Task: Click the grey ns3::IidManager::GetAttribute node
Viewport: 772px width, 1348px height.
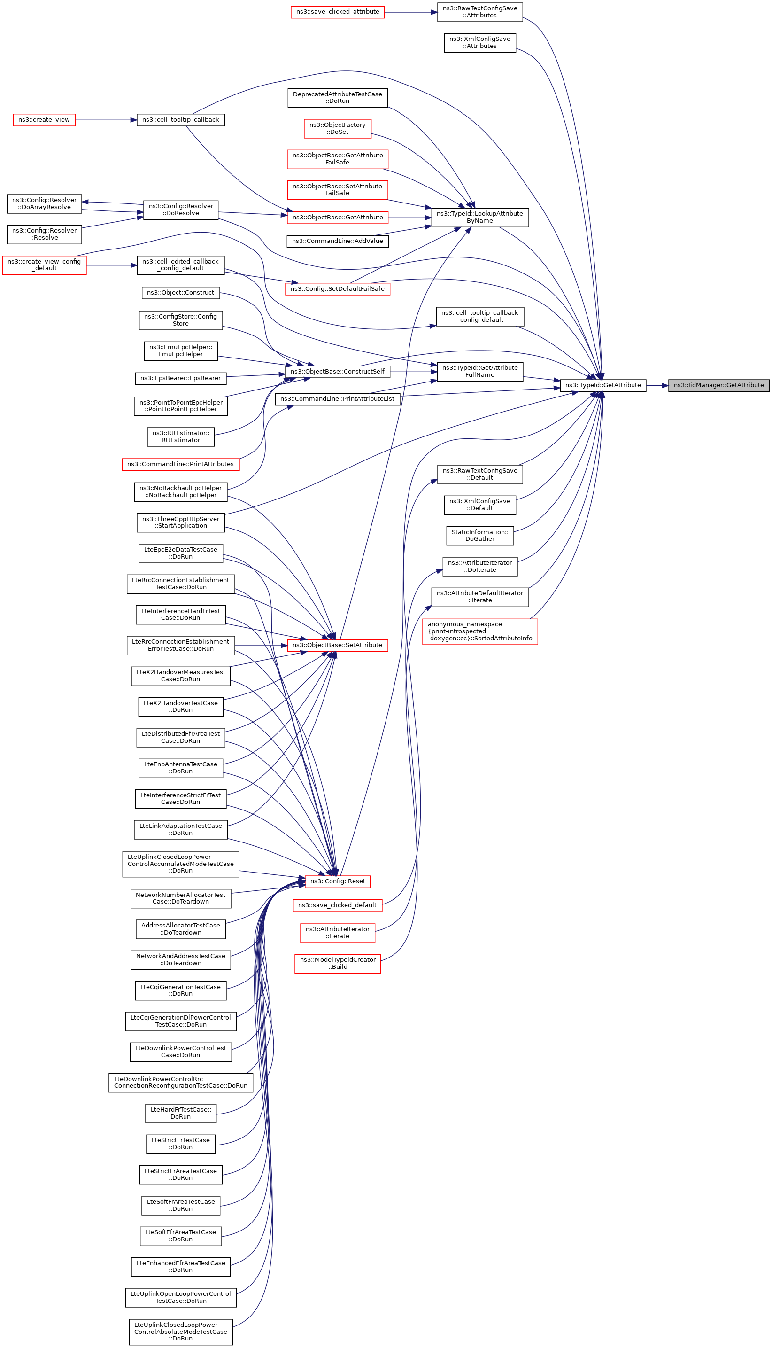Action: click(718, 385)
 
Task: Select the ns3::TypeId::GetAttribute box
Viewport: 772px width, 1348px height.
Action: click(603, 385)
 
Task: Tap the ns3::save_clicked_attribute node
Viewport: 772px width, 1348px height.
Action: click(337, 12)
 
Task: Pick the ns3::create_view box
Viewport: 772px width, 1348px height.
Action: click(44, 120)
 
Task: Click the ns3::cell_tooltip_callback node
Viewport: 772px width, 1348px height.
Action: click(180, 120)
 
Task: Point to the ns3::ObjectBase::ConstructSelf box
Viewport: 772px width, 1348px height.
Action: click(337, 371)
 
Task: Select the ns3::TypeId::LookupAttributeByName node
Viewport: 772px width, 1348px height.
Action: click(480, 217)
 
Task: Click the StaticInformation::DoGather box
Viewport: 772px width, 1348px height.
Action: click(480, 535)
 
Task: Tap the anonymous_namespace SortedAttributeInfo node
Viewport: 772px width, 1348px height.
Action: click(480, 631)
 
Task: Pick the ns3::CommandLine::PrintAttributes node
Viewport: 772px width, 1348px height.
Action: click(180, 464)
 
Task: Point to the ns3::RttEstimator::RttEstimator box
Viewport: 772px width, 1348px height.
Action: click(180, 436)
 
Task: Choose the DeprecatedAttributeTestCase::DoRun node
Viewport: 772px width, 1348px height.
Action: click(337, 98)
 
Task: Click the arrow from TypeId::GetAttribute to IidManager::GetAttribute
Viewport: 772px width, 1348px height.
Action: click(657, 386)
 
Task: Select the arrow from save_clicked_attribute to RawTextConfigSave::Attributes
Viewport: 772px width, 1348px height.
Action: click(411, 12)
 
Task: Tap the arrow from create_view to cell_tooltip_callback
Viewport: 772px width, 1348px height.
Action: click(106, 120)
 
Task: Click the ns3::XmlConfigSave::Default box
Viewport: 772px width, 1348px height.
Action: click(480, 505)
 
